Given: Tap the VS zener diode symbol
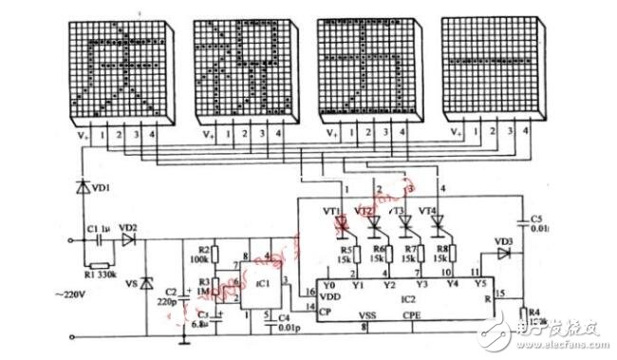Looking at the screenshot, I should coord(145,283).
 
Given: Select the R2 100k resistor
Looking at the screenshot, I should coord(215,255).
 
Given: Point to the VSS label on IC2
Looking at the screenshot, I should coord(365,313).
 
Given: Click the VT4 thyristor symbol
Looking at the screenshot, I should coord(439,225).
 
